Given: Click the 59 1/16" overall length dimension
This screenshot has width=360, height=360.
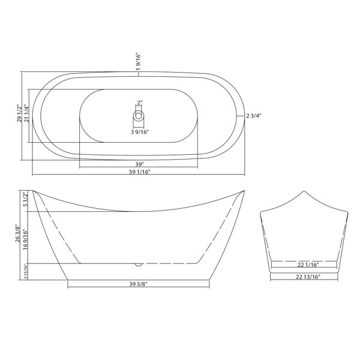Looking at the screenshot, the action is coord(139,172).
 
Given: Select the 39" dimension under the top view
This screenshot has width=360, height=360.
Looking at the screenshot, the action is coord(139,164).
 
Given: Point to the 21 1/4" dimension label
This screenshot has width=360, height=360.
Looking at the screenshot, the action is coord(26,113).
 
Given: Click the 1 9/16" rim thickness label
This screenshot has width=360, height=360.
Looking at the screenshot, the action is coord(138,62).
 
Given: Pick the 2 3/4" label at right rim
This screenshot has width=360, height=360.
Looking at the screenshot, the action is coord(254,116).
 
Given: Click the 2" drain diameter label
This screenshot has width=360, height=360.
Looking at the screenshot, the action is coord(140,103).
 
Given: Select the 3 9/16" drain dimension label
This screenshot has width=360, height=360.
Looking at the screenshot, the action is coord(140,132).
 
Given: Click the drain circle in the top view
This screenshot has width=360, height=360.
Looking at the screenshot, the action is coord(139,115).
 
